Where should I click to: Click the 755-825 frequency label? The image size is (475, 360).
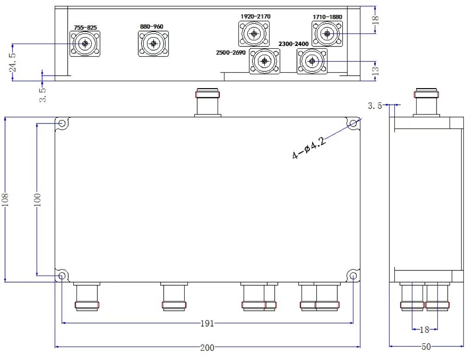pyautogui.click(x=85, y=27)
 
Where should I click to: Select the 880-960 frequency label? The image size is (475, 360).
pyautogui.click(x=152, y=26)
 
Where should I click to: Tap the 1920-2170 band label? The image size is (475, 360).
pyautogui.click(x=256, y=17)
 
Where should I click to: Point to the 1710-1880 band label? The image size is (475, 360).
pyautogui.click(x=327, y=17)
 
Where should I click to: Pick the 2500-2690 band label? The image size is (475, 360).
pyautogui.click(x=231, y=53)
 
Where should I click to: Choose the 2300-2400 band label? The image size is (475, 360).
pyautogui.click(x=293, y=44)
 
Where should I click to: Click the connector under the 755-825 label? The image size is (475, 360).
pyautogui.click(x=85, y=44)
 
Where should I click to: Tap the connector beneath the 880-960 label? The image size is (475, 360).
pyautogui.click(x=153, y=44)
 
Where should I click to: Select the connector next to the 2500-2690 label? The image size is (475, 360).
pyautogui.click(x=264, y=61)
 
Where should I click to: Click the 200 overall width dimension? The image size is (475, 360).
pyautogui.click(x=207, y=347)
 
